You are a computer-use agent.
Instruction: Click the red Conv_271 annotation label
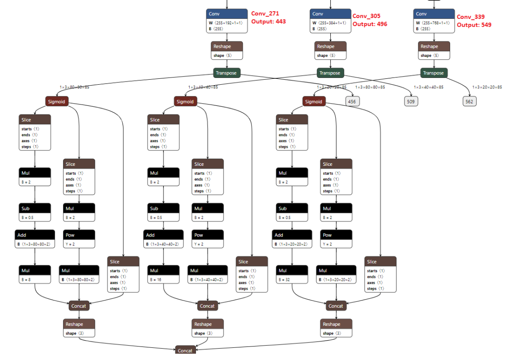point(265,14)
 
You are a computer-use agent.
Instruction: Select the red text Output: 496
point(369,24)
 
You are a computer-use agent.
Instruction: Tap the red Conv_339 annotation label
point(471,17)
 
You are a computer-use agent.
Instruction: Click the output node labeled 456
point(351,101)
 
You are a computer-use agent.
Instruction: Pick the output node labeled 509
point(410,101)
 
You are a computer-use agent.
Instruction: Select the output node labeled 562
point(469,101)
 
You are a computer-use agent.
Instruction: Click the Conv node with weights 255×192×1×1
point(227,21)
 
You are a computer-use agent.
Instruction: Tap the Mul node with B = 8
point(35,274)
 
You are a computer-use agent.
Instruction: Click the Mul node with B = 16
point(163,274)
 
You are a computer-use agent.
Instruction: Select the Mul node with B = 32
point(292,274)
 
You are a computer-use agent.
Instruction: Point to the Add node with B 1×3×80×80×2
point(35,239)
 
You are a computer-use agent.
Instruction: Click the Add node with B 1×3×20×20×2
point(292,239)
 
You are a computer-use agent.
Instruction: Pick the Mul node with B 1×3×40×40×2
point(208,274)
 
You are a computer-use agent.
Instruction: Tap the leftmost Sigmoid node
point(56,101)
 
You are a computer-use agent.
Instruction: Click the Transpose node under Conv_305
point(330,73)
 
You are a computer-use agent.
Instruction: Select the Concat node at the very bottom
point(185,351)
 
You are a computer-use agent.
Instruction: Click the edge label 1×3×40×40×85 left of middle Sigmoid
point(203,87)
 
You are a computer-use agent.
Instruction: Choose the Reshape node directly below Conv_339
point(433,50)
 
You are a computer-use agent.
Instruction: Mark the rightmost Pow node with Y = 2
point(336,239)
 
